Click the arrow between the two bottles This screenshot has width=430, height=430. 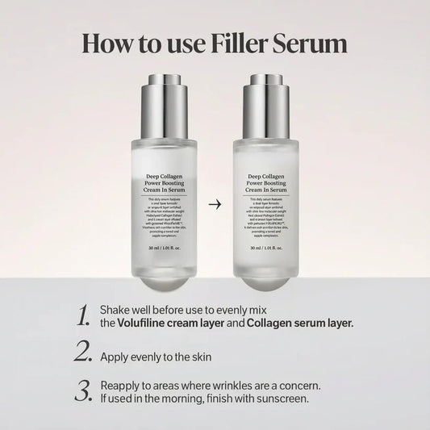coord(215,204)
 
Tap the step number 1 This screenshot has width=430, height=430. coord(81,316)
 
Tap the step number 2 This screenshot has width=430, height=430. coord(82,352)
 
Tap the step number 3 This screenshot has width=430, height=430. coord(82,390)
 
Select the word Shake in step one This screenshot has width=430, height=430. coord(115,309)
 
